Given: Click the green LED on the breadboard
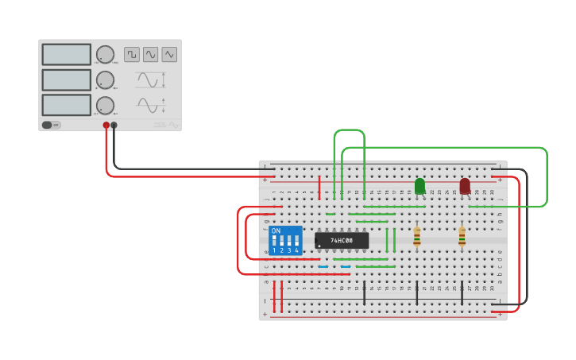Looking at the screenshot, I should pyautogui.click(x=419, y=186).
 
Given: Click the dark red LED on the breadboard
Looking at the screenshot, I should pyautogui.click(x=465, y=186).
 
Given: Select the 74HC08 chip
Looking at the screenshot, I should pyautogui.click(x=342, y=240).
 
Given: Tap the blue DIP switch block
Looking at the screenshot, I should pyautogui.click(x=285, y=240).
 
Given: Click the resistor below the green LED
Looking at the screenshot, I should pyautogui.click(x=416, y=236).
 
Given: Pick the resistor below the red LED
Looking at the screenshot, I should pyautogui.click(x=462, y=236).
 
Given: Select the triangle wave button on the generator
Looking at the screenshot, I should pyautogui.click(x=169, y=54).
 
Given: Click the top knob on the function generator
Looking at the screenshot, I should pyautogui.click(x=105, y=54).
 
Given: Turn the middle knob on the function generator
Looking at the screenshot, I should pyautogui.click(x=105, y=79).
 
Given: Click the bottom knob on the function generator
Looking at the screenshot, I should pyautogui.click(x=105, y=105).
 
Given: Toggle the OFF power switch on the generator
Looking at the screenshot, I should pyautogui.click(x=51, y=125).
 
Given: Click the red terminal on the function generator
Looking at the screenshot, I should pyautogui.click(x=106, y=125).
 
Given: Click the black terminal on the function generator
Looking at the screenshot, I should pyautogui.click(x=114, y=125).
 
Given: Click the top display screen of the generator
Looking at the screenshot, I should pyautogui.click(x=67, y=54).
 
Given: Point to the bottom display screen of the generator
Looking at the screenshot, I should pyautogui.click(x=67, y=105).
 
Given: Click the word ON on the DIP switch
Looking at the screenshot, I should pyautogui.click(x=276, y=230).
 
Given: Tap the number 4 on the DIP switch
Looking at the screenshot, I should pyautogui.click(x=297, y=250).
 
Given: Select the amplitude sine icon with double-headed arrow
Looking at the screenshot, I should pyautogui.click(x=151, y=79).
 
